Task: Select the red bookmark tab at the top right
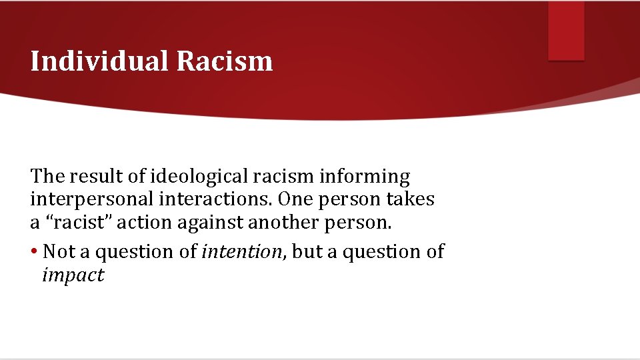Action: [x=566, y=30]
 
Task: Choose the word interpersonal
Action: [x=79, y=199]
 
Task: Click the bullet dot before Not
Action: [x=33, y=252]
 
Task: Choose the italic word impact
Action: [x=73, y=275]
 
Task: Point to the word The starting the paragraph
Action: [x=46, y=177]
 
